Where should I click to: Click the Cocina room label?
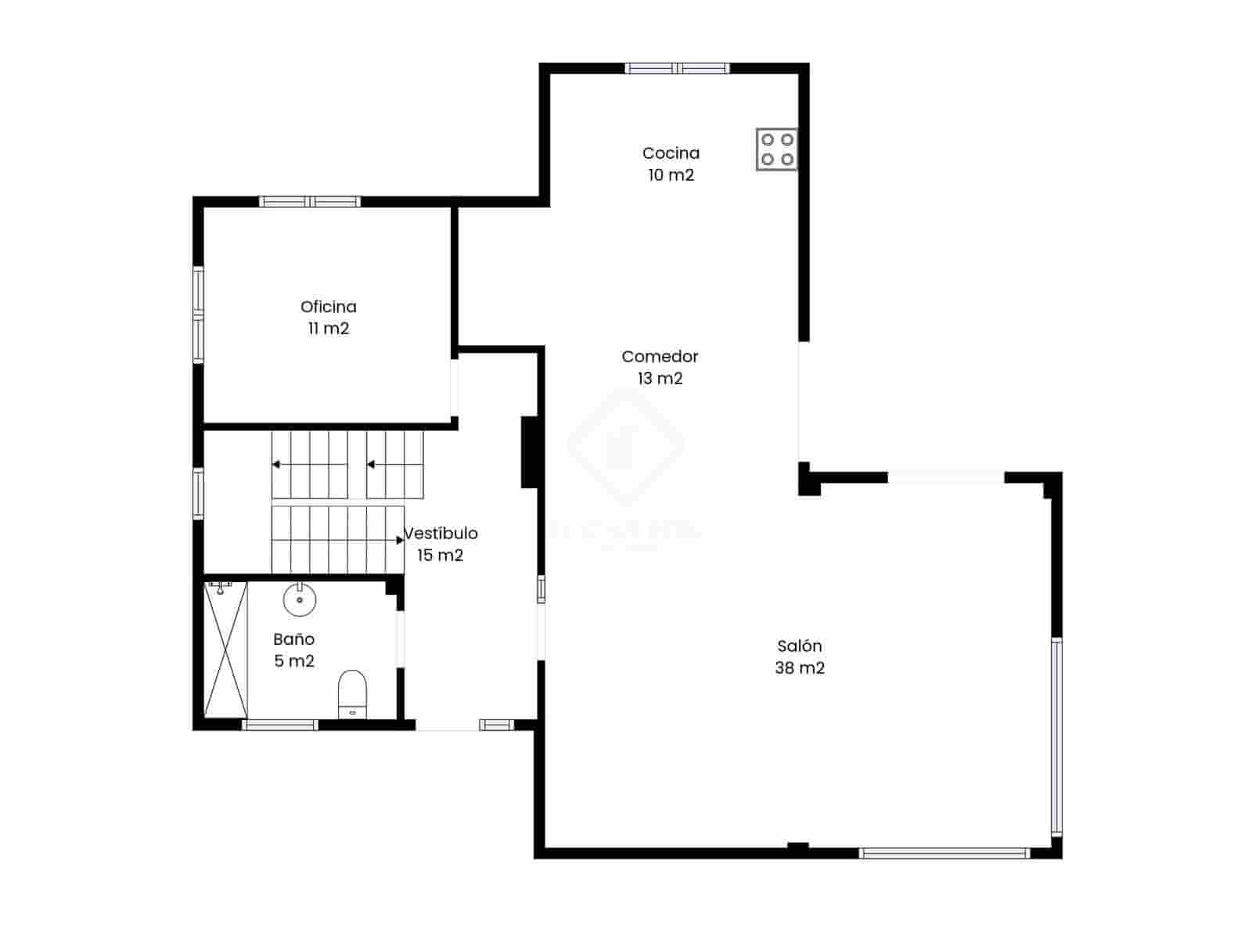coord(671,153)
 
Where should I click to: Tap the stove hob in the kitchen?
coord(776,149)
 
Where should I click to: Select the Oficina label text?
coord(329,307)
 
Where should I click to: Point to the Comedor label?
coord(660,357)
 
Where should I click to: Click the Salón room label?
coord(800,646)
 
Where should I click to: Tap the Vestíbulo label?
coord(441,534)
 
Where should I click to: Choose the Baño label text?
coord(294,639)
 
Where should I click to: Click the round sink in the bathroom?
coord(300,600)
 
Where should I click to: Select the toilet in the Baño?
coord(352,692)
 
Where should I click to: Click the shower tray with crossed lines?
coord(225,649)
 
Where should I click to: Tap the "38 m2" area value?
coord(800,668)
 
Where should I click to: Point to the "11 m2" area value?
coord(329,329)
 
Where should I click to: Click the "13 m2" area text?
coord(660,379)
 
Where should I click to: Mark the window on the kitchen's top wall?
coord(678,69)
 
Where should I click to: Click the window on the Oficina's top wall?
coord(311,202)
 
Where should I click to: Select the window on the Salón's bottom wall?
coord(944,853)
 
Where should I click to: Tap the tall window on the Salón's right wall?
coord(1056,736)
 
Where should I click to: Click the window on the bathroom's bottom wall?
coord(280,725)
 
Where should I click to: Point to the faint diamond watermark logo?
coord(626,446)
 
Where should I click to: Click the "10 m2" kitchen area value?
coord(671,175)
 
